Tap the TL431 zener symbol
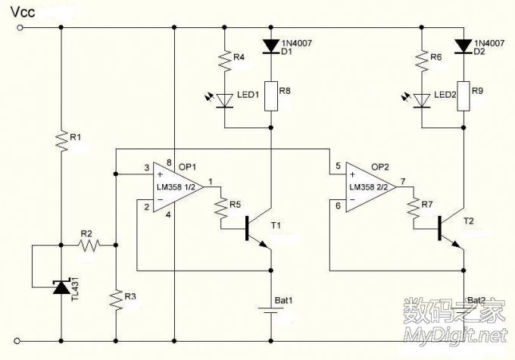60,287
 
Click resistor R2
89,245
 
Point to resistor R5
221,214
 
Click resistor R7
414,214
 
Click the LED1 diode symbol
224,99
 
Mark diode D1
270,46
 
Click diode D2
462,46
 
